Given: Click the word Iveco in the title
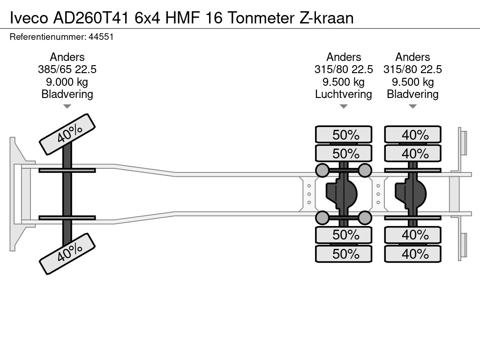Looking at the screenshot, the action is click(x=29, y=18).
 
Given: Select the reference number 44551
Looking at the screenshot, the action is click(x=101, y=37).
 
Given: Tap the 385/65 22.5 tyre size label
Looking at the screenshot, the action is click(x=67, y=69).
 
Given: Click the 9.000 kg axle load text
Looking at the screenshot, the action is click(x=67, y=82).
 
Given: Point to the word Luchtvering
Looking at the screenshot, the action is click(x=344, y=94).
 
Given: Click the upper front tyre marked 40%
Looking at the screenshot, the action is click(x=67, y=135).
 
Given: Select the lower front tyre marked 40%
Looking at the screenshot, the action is click(x=67, y=254).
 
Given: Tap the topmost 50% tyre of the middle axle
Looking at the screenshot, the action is click(x=344, y=135).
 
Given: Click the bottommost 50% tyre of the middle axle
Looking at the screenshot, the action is click(x=344, y=254).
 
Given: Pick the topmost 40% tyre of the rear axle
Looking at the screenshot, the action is click(x=412, y=135).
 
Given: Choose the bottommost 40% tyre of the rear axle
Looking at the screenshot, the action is click(x=412, y=254).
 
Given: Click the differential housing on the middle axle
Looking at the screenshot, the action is click(x=342, y=194).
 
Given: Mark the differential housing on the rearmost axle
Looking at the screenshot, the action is click(x=411, y=194).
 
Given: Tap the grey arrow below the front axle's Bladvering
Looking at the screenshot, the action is click(x=67, y=106).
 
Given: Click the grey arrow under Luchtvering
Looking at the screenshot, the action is click(x=344, y=106).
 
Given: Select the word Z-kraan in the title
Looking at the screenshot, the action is click(x=326, y=18).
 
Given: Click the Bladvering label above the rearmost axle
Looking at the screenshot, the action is click(x=412, y=94).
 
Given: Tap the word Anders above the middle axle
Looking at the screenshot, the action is click(x=344, y=57).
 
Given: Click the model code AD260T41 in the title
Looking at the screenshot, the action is click(x=91, y=18).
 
